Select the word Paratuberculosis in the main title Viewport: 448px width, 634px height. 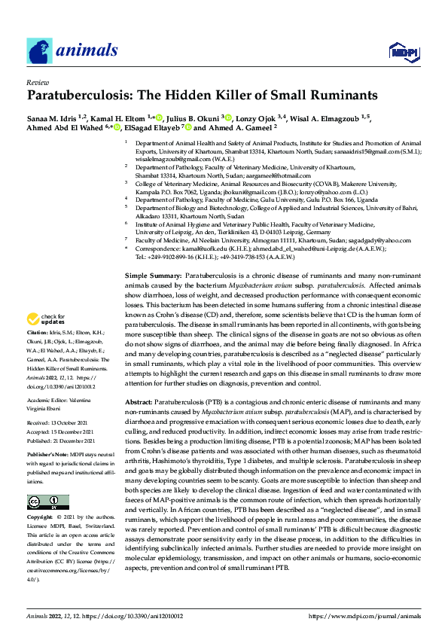point(82,96)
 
